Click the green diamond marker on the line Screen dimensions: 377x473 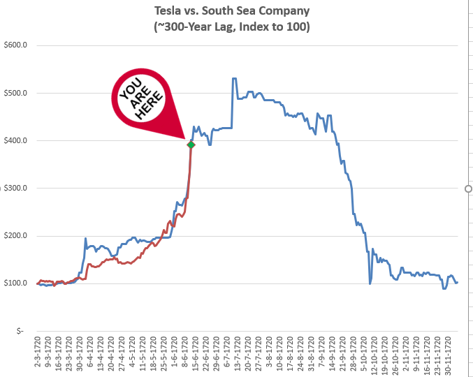(x=190, y=145)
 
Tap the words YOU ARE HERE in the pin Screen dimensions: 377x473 (x=141, y=96)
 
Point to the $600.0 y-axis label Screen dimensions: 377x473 (x=15, y=45)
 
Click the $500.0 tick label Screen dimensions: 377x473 (x=15, y=93)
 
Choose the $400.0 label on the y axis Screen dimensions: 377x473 (x=15, y=140)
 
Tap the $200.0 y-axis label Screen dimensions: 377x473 (x=15, y=235)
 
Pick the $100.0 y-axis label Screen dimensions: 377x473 (x=15, y=283)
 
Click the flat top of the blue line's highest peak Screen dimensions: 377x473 (x=234, y=78)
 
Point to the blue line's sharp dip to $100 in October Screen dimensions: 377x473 (x=370, y=283)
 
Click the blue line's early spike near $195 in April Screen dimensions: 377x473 (x=85, y=239)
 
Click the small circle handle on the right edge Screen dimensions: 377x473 (x=468, y=188)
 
